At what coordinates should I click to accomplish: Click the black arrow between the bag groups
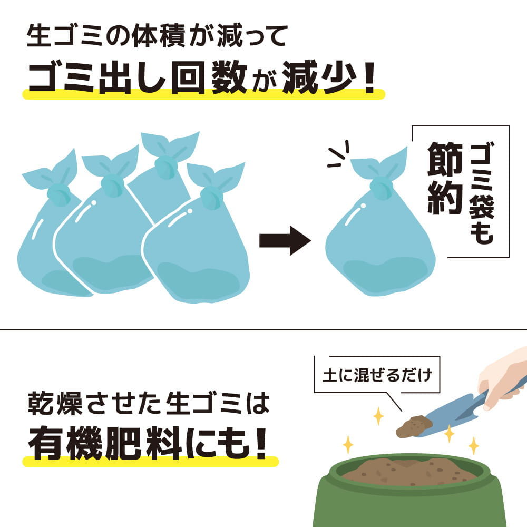(x=285, y=241)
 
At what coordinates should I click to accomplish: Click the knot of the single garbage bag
(x=381, y=188)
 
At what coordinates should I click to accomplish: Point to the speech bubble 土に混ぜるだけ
(x=376, y=376)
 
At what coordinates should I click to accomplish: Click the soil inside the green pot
(x=408, y=471)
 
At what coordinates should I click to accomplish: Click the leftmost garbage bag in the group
(x=45, y=248)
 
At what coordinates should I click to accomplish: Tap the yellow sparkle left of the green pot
(x=348, y=444)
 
